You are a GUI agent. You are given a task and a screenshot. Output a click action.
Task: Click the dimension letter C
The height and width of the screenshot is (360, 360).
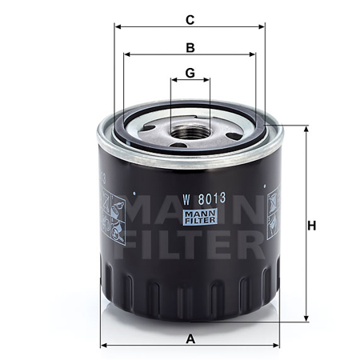tap(190, 20)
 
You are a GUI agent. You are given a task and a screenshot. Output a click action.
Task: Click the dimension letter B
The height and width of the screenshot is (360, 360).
tap(190, 48)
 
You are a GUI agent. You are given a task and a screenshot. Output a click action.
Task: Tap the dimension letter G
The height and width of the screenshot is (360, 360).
tap(190, 73)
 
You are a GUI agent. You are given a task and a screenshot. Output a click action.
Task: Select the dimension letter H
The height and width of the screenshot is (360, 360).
tap(311, 226)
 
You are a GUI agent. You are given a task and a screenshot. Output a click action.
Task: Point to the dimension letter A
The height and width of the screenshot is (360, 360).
tap(190, 339)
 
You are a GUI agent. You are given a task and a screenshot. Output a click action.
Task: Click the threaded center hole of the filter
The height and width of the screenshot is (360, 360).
tap(190, 132)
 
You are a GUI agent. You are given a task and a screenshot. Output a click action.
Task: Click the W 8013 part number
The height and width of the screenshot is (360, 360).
tap(204, 199)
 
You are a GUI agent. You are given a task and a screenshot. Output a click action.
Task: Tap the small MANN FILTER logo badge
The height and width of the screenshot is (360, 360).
tap(200, 217)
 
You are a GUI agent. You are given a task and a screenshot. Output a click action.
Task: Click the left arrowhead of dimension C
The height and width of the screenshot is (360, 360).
tap(118, 26)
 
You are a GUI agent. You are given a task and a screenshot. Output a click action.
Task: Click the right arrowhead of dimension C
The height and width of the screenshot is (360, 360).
tap(262, 26)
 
